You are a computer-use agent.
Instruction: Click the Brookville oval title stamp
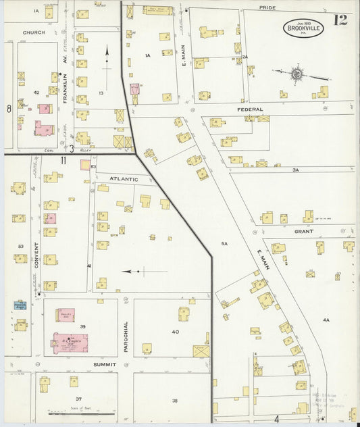coord(303,28)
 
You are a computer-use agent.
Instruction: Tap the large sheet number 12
coord(340,20)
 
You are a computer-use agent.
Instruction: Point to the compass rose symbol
coord(297,72)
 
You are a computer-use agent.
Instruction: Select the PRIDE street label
coord(267,7)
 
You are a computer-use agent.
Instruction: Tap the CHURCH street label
coord(33,32)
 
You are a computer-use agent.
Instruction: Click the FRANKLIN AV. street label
coord(66,68)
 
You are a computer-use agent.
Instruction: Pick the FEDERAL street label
coord(249,109)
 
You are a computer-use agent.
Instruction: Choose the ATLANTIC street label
coord(123,179)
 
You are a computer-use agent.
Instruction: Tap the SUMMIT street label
coord(105,364)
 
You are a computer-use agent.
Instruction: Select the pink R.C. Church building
coord(69,342)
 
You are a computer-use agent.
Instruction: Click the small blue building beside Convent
coord(20,305)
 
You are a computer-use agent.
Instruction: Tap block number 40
coord(175,332)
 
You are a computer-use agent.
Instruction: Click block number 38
coord(174,400)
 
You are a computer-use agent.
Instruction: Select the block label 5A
coord(224,243)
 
